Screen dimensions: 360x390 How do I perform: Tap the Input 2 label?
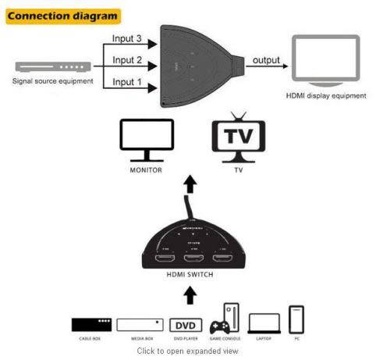[x=128, y=59]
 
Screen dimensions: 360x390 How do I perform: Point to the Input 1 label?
[x=128, y=81]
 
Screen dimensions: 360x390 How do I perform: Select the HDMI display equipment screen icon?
[x=327, y=62]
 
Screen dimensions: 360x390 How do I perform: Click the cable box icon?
[x=91, y=324]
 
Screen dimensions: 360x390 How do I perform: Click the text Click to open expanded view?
[x=188, y=351]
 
